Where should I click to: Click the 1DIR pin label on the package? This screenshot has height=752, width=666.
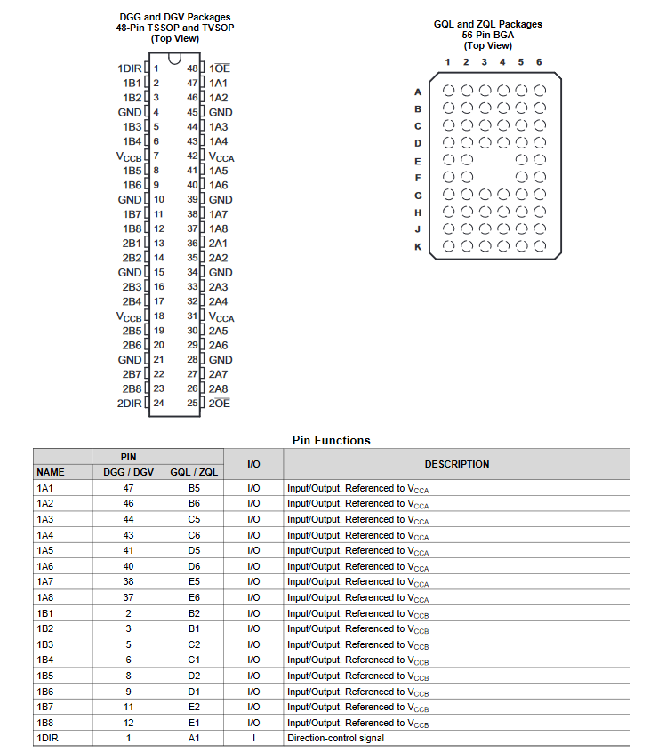130,68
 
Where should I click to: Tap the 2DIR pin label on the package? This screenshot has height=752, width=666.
130,403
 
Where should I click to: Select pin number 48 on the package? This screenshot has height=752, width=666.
192,68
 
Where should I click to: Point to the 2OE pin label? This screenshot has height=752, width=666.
220,403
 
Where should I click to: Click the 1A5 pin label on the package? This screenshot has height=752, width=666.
218,171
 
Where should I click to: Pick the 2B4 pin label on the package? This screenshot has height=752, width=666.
132,301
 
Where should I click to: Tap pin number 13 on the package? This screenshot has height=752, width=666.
159,243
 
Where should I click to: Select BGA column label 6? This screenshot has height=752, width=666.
539,62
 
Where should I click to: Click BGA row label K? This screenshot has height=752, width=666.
418,246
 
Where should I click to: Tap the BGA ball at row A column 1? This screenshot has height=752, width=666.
448,91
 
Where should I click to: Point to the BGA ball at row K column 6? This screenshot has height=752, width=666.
540,246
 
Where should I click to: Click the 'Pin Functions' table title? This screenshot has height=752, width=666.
331,440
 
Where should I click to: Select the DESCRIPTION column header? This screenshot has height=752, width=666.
456,464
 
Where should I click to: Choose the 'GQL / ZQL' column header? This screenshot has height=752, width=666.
194,472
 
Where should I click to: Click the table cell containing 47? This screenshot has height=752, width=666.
129,488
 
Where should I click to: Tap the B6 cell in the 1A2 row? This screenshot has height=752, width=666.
194,503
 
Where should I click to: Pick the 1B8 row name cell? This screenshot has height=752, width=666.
45,723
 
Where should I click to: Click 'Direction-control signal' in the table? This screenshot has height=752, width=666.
335,739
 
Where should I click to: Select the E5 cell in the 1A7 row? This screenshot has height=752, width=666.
194,581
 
